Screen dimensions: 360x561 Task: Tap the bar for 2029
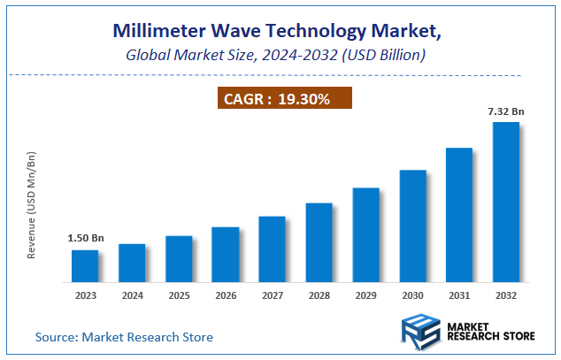365,234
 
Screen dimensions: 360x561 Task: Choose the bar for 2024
132,263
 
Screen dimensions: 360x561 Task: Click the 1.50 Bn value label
85,239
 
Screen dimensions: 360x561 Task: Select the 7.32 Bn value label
505,111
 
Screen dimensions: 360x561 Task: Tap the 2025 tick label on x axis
179,295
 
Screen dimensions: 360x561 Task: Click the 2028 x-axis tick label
319,295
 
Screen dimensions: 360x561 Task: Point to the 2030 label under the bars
412,295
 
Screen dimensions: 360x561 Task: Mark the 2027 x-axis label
272,295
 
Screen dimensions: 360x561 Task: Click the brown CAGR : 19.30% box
285,99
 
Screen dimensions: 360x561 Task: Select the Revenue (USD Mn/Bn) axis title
32,204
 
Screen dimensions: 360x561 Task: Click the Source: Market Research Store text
124,337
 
